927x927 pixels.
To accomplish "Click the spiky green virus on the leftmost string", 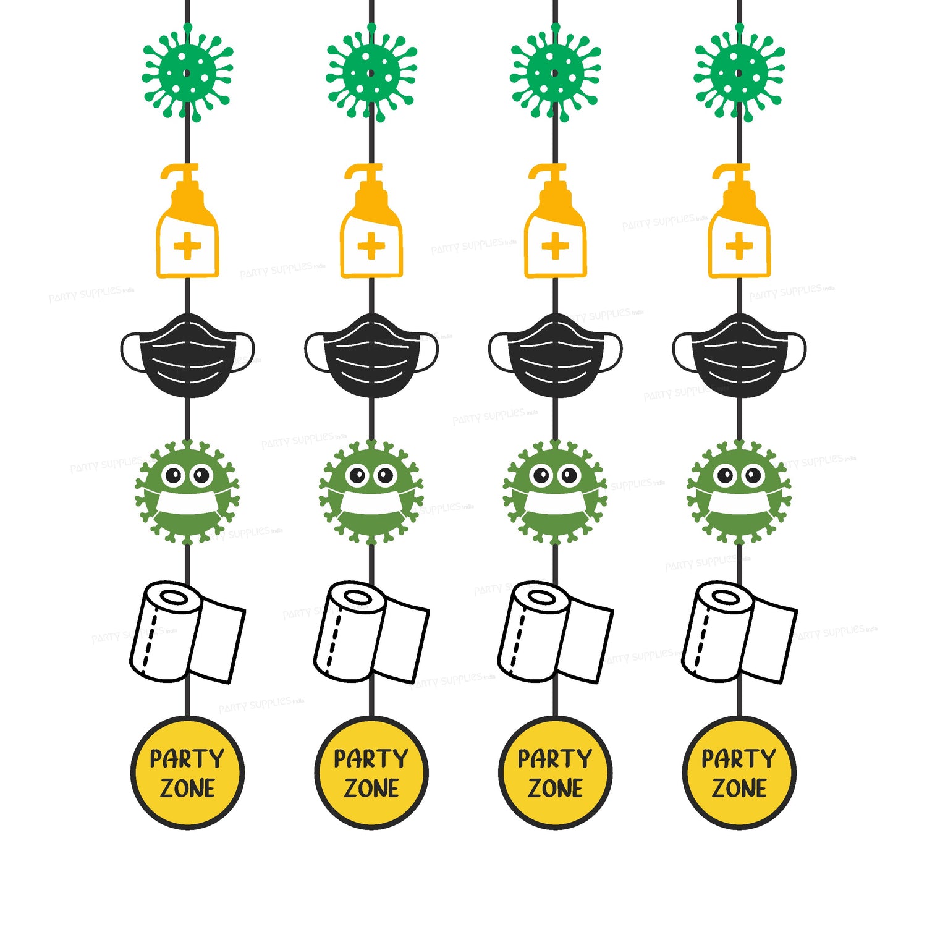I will [x=187, y=73].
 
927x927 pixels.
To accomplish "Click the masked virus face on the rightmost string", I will [x=739, y=492].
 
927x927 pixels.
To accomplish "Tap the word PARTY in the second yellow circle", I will [x=371, y=758].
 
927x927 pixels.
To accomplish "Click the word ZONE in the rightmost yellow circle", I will [x=739, y=789].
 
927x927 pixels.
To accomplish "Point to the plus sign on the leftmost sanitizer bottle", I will [x=187, y=247].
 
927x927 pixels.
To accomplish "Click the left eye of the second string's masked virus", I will [x=357, y=476].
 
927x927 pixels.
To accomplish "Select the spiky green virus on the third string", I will [x=555, y=73].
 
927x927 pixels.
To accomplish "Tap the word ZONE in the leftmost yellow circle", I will [x=187, y=789].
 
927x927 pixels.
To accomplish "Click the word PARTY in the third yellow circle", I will [x=555, y=758].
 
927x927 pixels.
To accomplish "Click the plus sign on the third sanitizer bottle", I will [x=555, y=247].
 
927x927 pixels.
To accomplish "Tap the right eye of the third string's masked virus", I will [x=569, y=476].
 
